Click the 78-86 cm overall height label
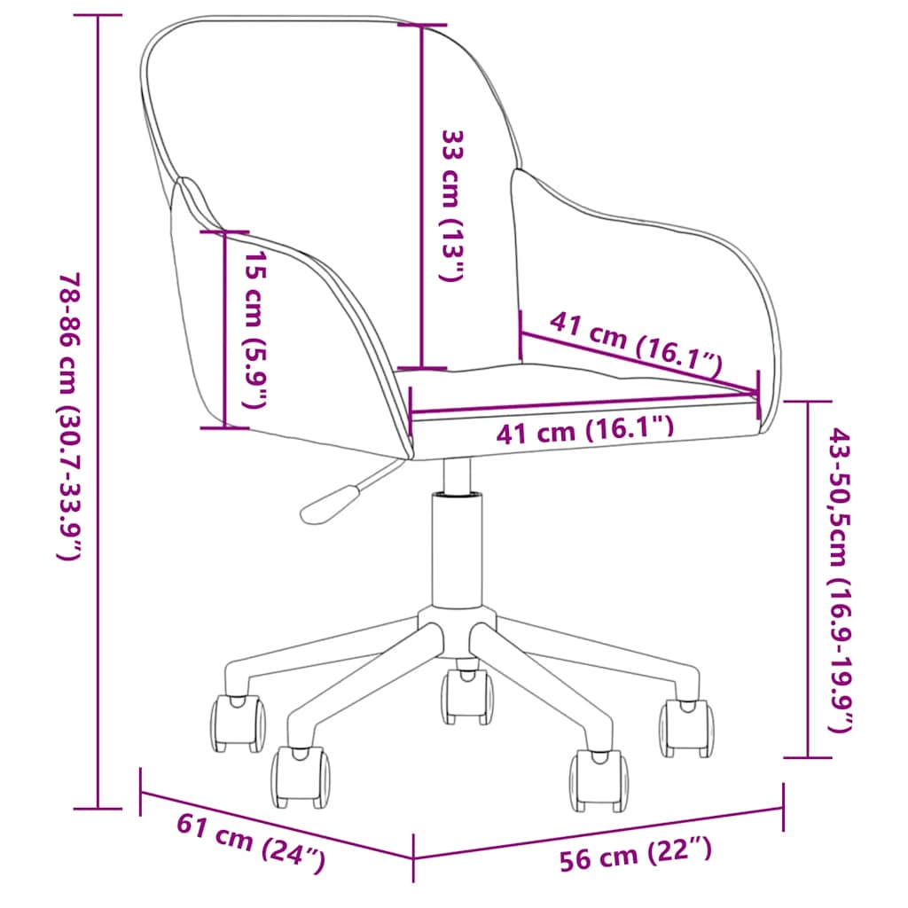[72, 417]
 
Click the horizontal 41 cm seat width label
[585, 431]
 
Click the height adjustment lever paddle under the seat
[328, 505]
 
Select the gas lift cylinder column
[458, 549]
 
